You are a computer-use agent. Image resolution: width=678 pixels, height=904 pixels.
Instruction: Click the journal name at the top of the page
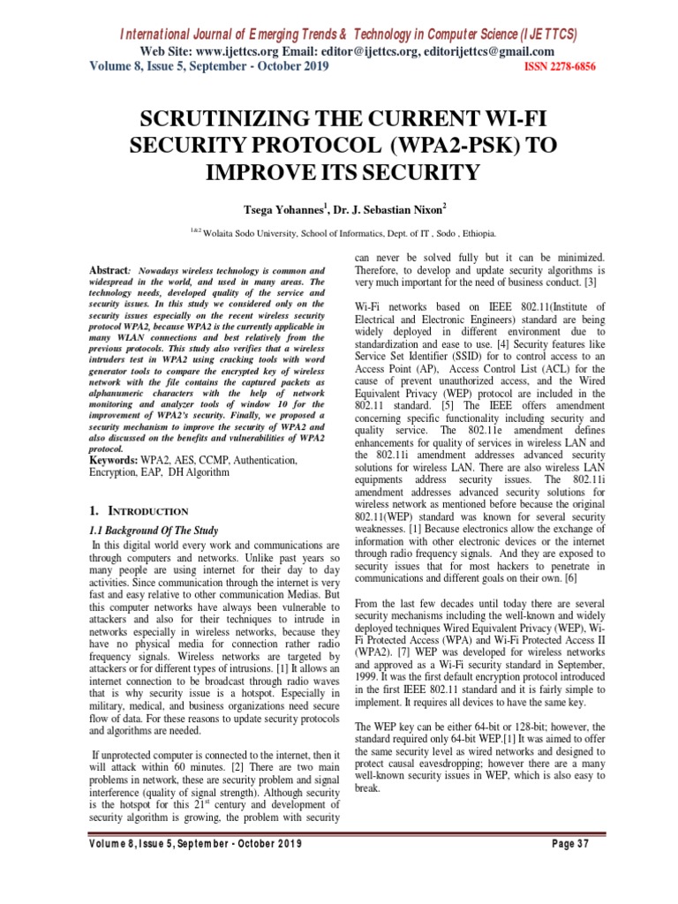348,34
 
